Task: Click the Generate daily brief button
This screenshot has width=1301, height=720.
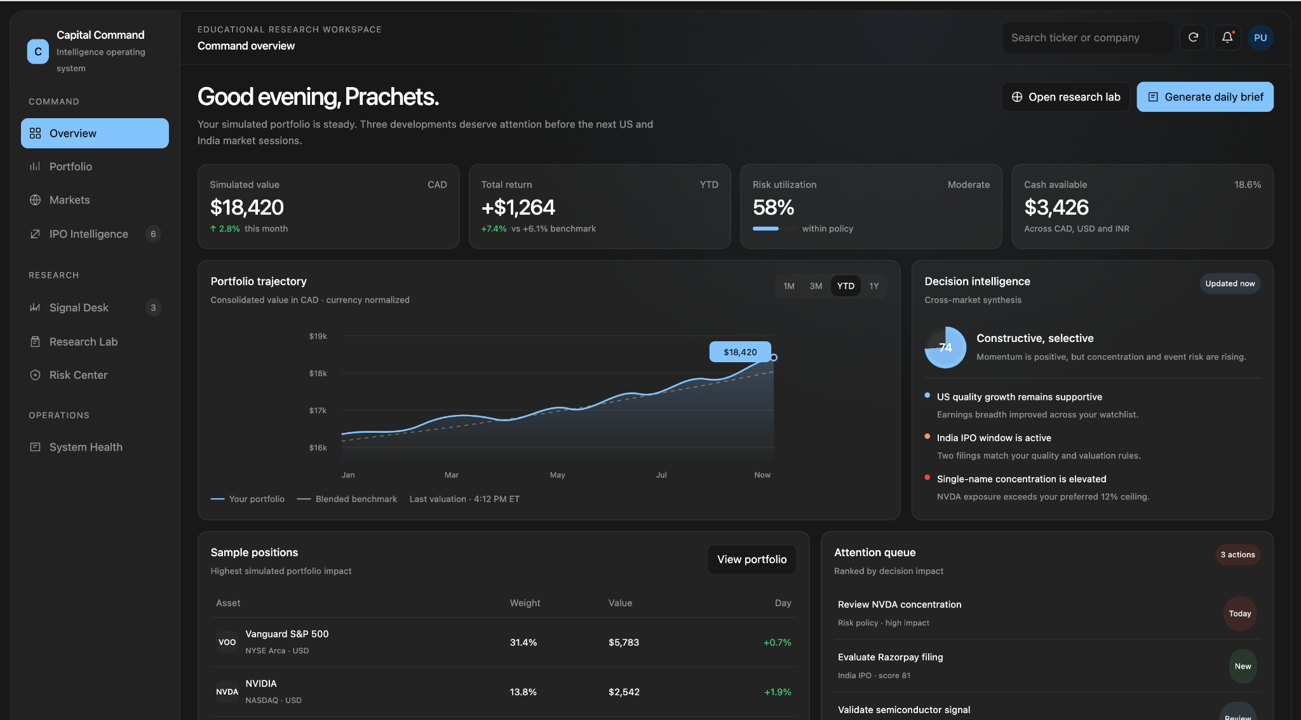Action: click(x=1205, y=97)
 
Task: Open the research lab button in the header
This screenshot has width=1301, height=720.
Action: click(x=1066, y=97)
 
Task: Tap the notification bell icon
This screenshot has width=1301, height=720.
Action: click(x=1227, y=37)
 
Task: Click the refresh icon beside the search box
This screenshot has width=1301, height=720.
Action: click(x=1194, y=37)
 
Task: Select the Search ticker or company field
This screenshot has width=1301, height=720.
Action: click(x=1088, y=37)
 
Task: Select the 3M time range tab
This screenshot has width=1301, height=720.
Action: click(x=816, y=286)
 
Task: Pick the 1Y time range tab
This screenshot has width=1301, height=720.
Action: click(x=874, y=286)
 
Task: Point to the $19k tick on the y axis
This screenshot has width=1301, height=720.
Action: click(x=318, y=336)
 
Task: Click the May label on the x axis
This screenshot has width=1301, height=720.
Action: click(x=557, y=475)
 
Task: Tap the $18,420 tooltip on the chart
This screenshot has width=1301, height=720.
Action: click(x=740, y=352)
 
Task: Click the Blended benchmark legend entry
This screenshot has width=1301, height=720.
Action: click(x=347, y=499)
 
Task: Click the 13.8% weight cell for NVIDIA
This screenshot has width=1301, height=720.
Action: click(x=523, y=692)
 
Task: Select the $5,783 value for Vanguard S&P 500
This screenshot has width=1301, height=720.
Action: click(x=624, y=642)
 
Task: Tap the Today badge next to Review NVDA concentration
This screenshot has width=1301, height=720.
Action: click(x=1240, y=613)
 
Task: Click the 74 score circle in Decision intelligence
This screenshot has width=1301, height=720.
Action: click(x=945, y=347)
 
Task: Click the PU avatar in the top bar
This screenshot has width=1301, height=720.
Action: click(x=1260, y=37)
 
